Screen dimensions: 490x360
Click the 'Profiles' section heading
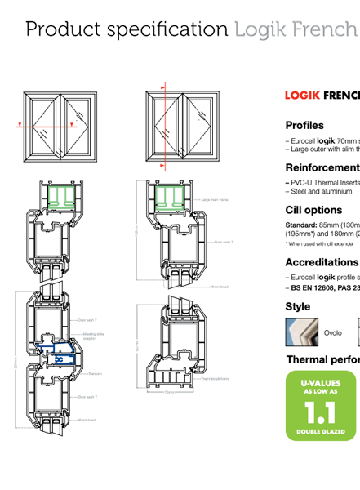pyautogui.click(x=304, y=126)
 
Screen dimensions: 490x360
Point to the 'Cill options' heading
pyautogui.click(x=313, y=210)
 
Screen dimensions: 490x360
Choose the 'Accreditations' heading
pyautogui.click(x=322, y=263)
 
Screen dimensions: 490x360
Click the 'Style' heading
pyautogui.click(x=298, y=307)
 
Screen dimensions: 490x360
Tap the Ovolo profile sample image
pyautogui.click(x=299, y=332)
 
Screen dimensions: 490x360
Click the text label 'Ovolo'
pyautogui.click(x=333, y=333)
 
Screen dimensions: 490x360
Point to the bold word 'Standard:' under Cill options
pyautogui.click(x=301, y=225)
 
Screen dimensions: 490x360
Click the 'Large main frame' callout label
pyautogui.click(x=215, y=199)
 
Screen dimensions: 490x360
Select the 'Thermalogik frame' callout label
pyautogui.click(x=216, y=379)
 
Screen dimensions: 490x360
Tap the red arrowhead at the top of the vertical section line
pyautogui.click(x=162, y=85)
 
